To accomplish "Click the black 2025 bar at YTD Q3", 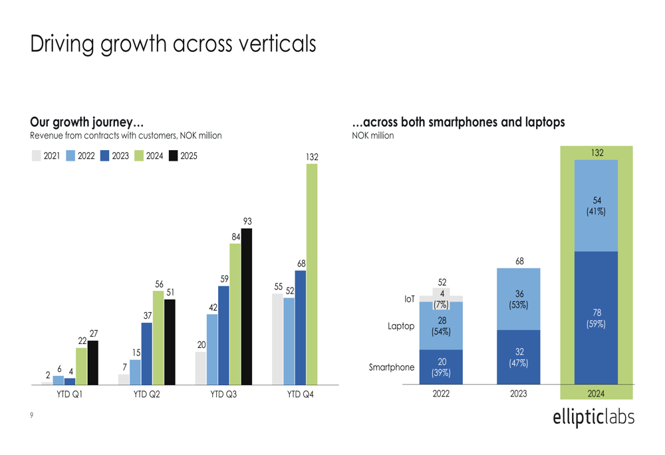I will (x=247, y=307).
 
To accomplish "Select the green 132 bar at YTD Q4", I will (x=312, y=274).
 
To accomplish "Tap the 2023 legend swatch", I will (x=104, y=156).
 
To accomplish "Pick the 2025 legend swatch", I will (x=173, y=156).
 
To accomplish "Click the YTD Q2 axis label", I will (x=146, y=395).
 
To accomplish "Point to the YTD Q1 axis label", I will (x=69, y=395).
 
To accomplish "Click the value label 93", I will (x=247, y=221).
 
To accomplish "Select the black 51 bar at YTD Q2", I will (x=170, y=342).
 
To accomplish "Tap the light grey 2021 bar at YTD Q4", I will (x=277, y=339).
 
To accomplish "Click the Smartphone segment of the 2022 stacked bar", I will (x=441, y=367).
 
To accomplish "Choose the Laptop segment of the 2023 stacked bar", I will (x=519, y=299).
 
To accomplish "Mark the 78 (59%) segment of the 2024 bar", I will (x=596, y=318).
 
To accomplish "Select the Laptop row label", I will (x=402, y=326).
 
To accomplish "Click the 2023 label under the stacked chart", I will (x=519, y=394).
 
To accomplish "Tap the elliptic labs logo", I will (x=593, y=417).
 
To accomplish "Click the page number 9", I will (x=31, y=416).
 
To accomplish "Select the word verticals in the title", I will (x=269, y=44).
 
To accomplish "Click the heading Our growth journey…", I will (x=86, y=122).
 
